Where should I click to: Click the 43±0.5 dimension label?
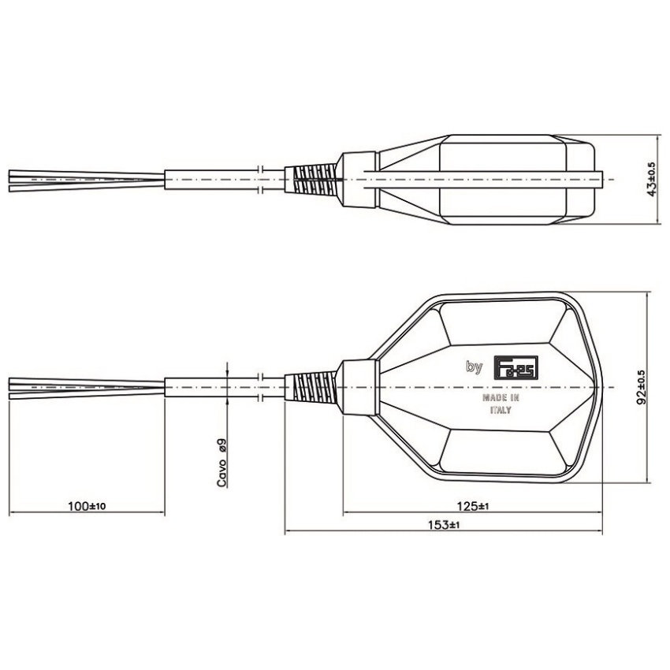[x=651, y=179]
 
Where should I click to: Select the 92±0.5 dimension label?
[x=642, y=388]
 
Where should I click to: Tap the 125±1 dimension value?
[x=473, y=506]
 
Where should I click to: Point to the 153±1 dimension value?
[x=444, y=525]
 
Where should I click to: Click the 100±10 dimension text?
[x=87, y=506]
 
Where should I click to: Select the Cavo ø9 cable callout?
[x=222, y=463]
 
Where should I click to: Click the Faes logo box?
[x=516, y=368]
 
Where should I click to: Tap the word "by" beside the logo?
[x=475, y=367]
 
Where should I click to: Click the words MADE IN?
[x=501, y=398]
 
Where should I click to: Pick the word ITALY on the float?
[x=501, y=410]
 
